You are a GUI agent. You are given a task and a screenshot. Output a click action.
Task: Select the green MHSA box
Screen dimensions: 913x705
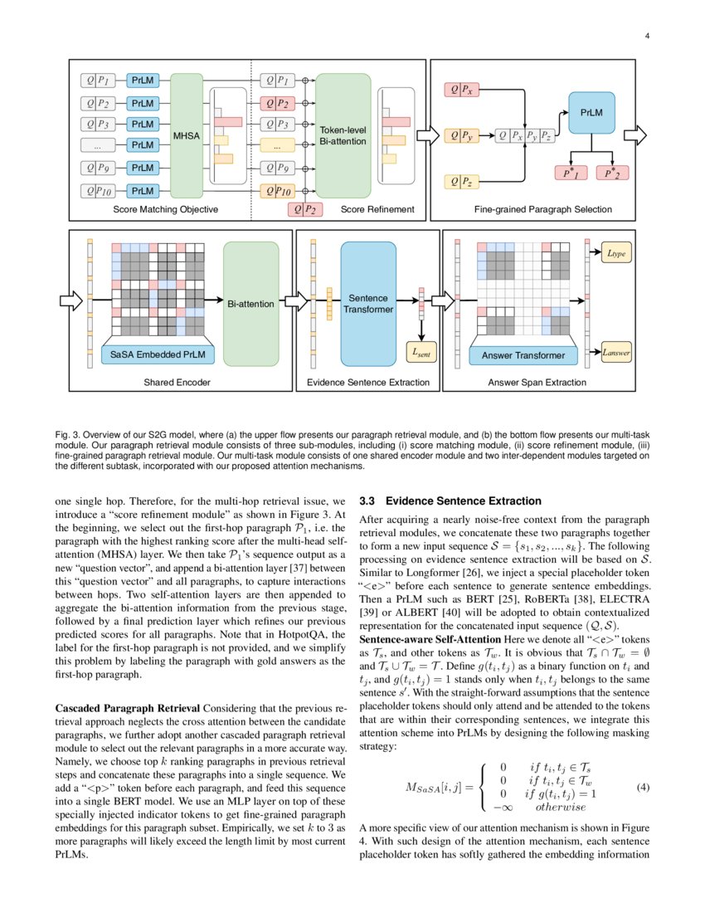coord(186,134)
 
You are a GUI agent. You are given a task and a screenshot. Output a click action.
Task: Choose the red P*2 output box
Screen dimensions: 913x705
coord(615,173)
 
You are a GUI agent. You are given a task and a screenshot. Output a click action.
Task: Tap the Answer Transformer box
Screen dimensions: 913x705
coord(524,356)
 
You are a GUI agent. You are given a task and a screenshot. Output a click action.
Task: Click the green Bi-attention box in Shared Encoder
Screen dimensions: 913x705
coord(250,304)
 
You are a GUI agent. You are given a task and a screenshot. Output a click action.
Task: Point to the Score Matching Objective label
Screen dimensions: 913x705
coord(165,210)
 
